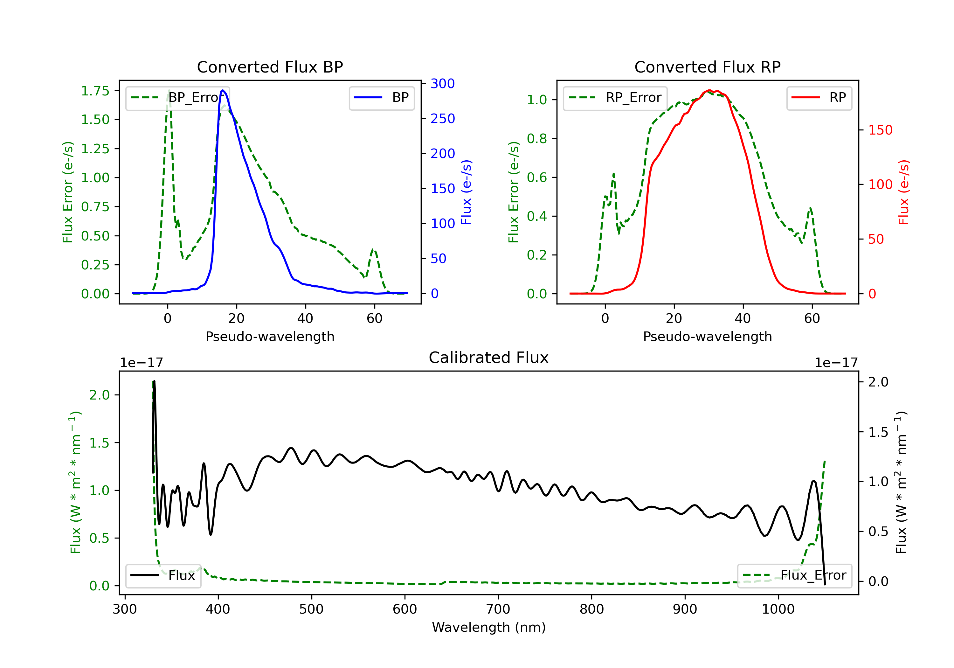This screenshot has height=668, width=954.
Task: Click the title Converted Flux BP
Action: tap(270, 67)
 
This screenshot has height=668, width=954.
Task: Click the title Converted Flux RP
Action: tap(708, 67)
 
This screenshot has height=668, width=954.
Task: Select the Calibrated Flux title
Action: tap(489, 358)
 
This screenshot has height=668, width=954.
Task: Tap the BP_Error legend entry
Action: tap(177, 98)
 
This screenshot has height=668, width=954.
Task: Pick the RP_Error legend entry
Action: tap(615, 98)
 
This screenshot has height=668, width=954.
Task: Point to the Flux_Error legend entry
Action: tap(794, 575)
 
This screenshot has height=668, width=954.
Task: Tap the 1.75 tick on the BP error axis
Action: tap(95, 91)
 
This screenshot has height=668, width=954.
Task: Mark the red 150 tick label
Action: tap(881, 130)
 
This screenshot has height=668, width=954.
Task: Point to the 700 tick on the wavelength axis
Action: tap(498, 609)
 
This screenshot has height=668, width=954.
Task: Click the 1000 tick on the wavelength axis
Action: tap(778, 609)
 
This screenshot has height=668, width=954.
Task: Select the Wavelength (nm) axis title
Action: tap(489, 627)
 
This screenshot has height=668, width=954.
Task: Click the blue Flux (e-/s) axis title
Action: tap(466, 192)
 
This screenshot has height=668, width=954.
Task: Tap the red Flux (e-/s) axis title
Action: tap(904, 192)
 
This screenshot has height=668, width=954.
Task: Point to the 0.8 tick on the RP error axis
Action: tap(537, 139)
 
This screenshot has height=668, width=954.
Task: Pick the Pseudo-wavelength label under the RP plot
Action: tap(708, 336)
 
